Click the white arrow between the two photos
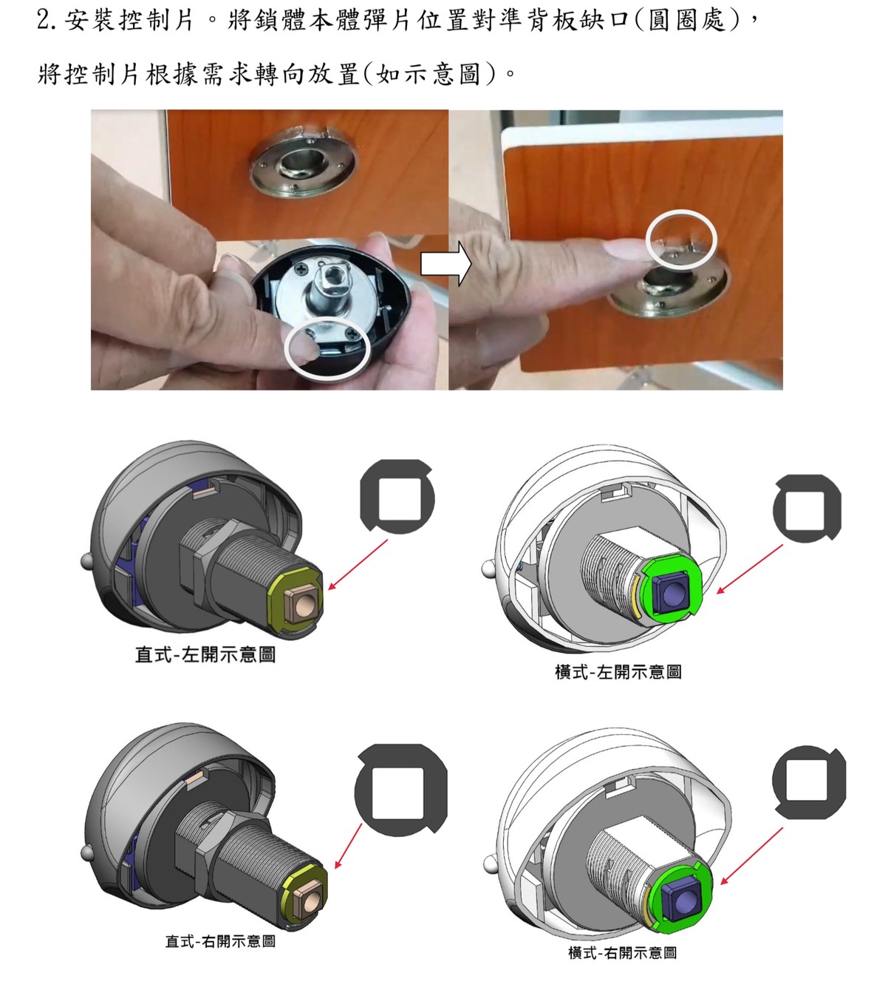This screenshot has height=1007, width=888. pyautogui.click(x=446, y=264)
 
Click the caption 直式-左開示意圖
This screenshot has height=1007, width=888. pyautogui.click(x=205, y=654)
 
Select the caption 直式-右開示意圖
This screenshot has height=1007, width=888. pyautogui.click(x=220, y=941)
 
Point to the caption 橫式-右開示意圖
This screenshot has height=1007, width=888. pyautogui.click(x=622, y=952)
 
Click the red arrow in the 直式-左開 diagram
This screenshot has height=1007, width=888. pyautogui.click(x=358, y=565)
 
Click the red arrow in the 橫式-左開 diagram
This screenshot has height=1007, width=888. pyautogui.click(x=749, y=569)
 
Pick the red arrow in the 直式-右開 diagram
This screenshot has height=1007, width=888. pyautogui.click(x=348, y=846)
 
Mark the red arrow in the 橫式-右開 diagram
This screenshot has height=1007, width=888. pyautogui.click(x=751, y=856)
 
